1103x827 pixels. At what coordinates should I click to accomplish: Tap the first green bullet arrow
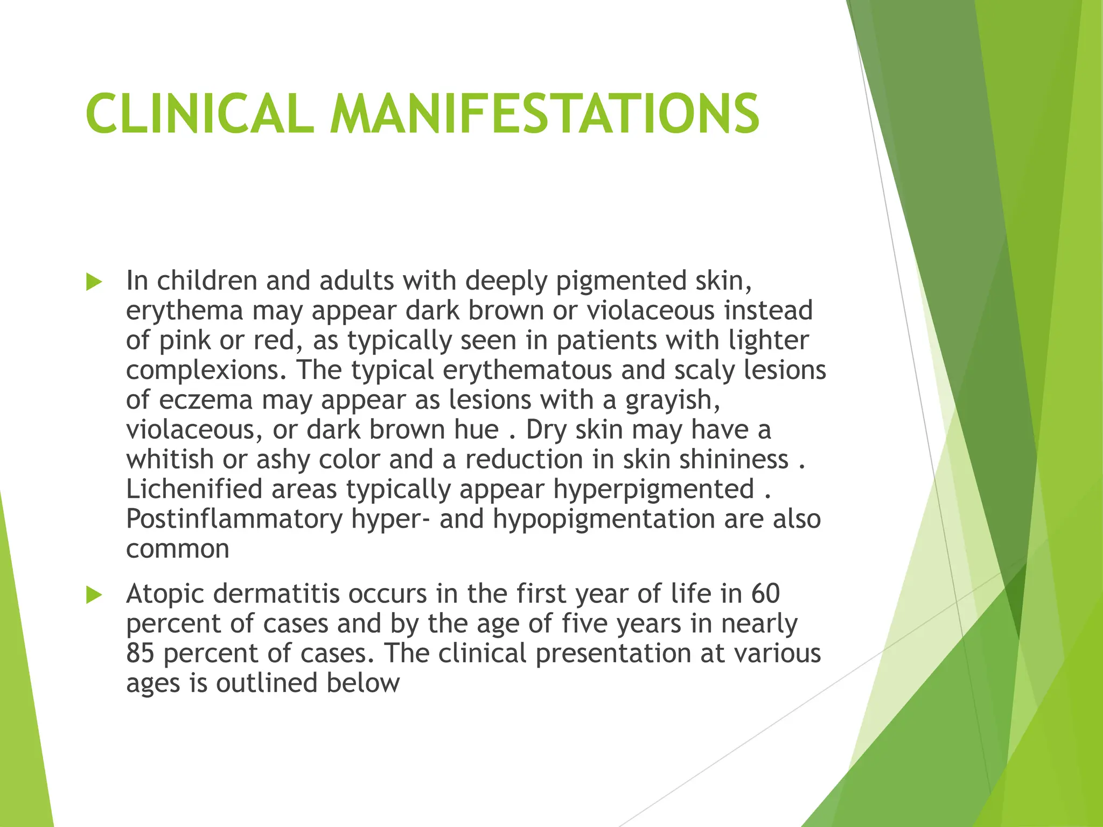(94, 282)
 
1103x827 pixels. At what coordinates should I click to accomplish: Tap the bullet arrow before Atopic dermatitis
(94, 595)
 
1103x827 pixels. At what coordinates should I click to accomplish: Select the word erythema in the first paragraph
(185, 312)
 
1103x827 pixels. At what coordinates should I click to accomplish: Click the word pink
(185, 341)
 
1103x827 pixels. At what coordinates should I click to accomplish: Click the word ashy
(283, 460)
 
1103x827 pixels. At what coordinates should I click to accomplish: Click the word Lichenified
(194, 489)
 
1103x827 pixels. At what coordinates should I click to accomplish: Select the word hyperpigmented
(653, 489)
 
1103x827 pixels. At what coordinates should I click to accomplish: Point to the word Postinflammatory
(234, 520)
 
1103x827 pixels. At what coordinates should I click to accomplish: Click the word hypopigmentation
(603, 520)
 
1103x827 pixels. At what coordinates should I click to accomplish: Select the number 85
(140, 654)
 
